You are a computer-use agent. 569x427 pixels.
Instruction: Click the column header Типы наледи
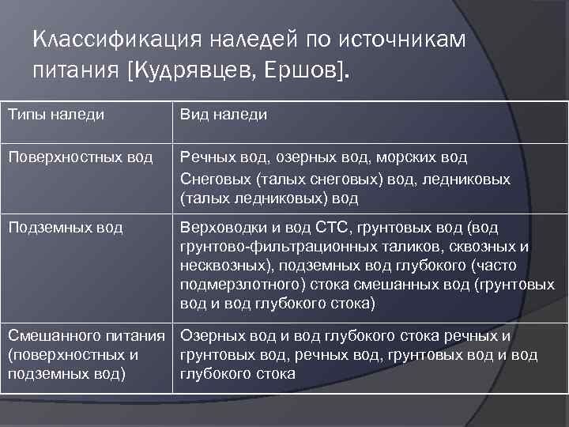(56, 115)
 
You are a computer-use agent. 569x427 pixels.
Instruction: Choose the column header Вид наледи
(224, 115)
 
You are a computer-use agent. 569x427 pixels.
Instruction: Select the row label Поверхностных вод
(80, 157)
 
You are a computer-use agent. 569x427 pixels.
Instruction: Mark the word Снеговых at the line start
(213, 179)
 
